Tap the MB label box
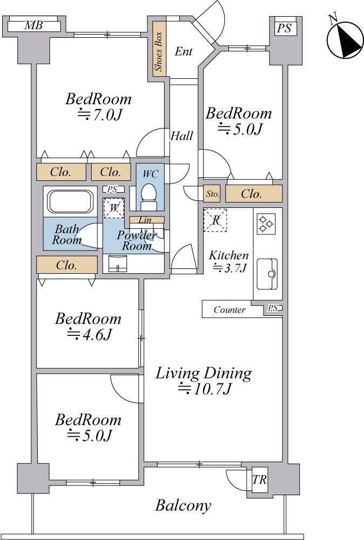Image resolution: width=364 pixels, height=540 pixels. [x=34, y=25]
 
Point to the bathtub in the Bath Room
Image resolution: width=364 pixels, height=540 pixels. [x=70, y=201]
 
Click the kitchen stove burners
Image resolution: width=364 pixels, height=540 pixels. [x=266, y=224]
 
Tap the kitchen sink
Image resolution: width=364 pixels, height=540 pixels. [x=267, y=274]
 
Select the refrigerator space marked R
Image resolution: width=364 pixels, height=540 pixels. [x=215, y=220]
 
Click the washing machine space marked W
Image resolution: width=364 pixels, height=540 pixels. [x=114, y=208]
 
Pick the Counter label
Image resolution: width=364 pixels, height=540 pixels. [x=230, y=309]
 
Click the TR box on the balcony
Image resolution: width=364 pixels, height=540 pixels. [x=259, y=480]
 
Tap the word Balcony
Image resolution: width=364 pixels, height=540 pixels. [x=183, y=505]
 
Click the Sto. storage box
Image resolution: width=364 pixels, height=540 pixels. [x=212, y=194]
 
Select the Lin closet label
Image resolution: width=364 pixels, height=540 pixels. [x=145, y=220]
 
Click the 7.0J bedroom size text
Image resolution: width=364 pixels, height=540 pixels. [x=99, y=114]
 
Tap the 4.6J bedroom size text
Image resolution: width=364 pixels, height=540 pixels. [x=89, y=334]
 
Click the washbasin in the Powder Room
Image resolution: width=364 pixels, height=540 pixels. [x=118, y=264]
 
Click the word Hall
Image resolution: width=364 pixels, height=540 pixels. [x=181, y=136]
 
